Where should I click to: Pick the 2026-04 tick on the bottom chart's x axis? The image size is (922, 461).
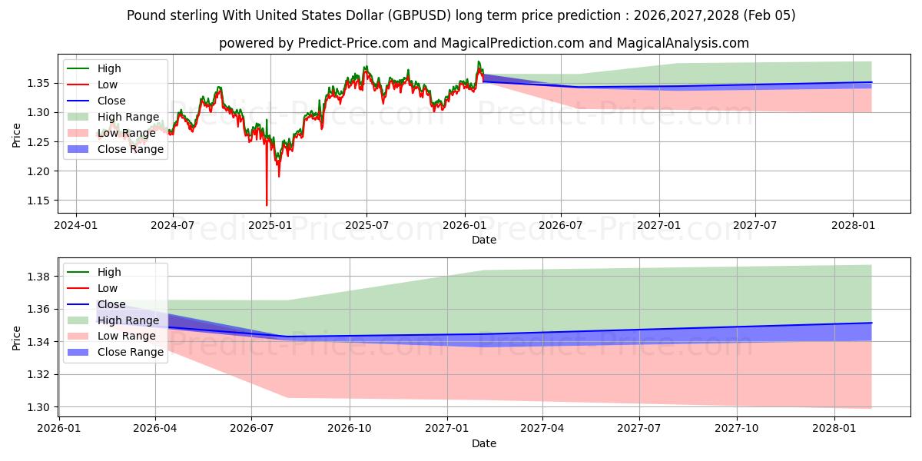coord(155,428)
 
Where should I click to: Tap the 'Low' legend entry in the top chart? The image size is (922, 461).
coord(108,85)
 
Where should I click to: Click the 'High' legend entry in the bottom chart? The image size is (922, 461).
coord(109,272)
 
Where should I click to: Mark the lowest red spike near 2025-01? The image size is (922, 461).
coord(267,204)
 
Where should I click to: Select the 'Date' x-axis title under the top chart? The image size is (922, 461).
coord(484,240)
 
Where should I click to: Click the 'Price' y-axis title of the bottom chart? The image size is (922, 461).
coord(17,337)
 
